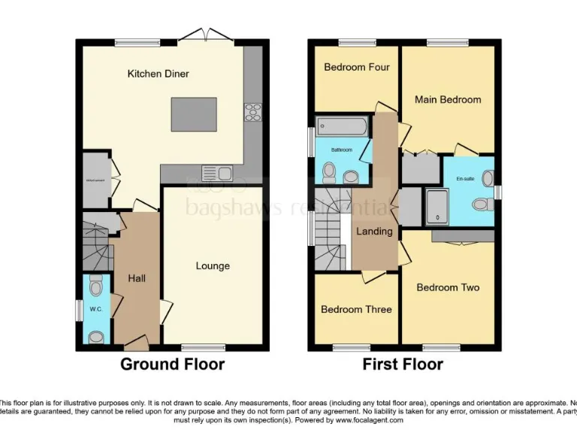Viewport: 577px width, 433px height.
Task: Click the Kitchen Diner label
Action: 158,74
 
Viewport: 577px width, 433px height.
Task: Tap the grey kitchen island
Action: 194,114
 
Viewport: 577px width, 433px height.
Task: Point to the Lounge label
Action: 213,265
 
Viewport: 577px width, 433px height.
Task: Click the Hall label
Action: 137,278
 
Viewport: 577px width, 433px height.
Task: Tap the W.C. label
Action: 95,309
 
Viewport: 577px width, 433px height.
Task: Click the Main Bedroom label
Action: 448,99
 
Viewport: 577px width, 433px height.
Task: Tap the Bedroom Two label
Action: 448,287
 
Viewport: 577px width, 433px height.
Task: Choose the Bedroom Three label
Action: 356,309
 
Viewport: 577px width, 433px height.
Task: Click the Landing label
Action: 374,231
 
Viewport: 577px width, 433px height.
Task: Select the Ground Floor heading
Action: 173,365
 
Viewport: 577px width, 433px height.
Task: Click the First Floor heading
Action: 403,365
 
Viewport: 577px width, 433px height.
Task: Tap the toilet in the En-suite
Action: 482,204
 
